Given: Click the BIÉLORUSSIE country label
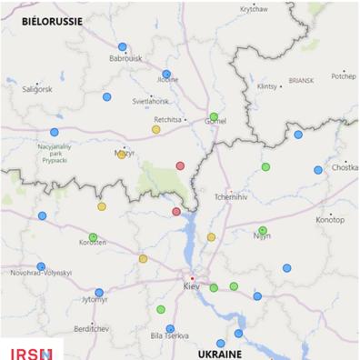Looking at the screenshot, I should (52, 20).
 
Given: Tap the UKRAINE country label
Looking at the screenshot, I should (221, 352).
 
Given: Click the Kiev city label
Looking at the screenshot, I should (191, 286).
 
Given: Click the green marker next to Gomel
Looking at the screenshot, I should (214, 116).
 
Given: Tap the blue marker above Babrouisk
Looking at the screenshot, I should (123, 46).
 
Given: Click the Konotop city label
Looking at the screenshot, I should (330, 220).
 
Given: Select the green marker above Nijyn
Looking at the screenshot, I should (263, 230).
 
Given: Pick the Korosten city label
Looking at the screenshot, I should (92, 244).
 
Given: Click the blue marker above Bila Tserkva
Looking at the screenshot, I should (170, 328).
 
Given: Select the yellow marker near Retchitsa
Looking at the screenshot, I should (156, 129).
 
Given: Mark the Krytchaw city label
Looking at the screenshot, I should (254, 9).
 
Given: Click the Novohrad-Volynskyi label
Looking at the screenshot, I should (41, 273).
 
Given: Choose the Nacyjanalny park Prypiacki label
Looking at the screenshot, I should (59, 155).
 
